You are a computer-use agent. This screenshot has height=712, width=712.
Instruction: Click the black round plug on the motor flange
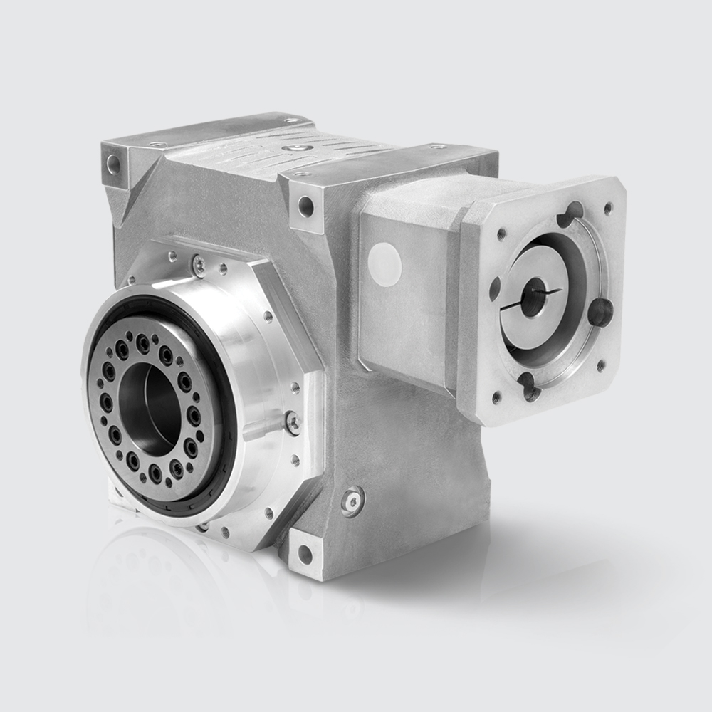(x=601, y=312)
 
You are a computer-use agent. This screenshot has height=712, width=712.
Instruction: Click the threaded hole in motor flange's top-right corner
(x=608, y=208)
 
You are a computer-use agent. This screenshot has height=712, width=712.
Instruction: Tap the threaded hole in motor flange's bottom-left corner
(x=496, y=395)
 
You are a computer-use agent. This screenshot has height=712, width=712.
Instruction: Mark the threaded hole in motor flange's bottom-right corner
(x=602, y=365)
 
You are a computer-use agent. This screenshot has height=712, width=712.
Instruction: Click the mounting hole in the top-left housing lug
(x=113, y=165)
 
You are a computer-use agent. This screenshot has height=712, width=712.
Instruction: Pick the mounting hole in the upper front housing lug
(x=305, y=207)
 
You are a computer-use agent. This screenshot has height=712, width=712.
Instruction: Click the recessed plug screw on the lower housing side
(x=352, y=501)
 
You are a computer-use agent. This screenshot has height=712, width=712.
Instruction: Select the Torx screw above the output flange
(x=199, y=266)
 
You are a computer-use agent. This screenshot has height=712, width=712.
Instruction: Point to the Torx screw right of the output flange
(x=292, y=422)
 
